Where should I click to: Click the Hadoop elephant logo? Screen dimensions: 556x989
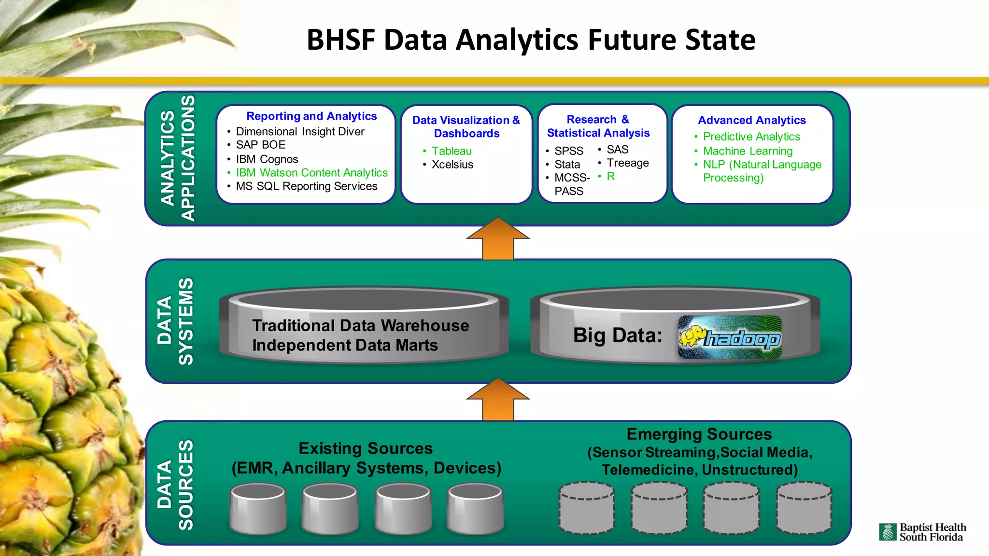[729, 337]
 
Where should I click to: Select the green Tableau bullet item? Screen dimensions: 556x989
[451, 151]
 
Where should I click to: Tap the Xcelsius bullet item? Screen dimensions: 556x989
[452, 165]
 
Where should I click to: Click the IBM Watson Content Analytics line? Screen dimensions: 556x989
[311, 173]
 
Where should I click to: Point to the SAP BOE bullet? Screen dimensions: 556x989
[260, 145]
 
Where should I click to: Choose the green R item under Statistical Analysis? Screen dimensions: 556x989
[610, 177]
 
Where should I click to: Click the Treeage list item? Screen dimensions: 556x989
[627, 163]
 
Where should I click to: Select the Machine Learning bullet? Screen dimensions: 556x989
[748, 151]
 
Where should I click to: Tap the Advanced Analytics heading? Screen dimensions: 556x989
[751, 120]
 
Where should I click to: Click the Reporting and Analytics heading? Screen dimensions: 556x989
[311, 116]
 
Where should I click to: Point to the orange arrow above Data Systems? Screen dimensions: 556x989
[498, 239]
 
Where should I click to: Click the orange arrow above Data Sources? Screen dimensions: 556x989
[498, 400]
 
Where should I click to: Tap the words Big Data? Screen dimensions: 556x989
[617, 335]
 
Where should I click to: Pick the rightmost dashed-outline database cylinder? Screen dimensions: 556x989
[804, 508]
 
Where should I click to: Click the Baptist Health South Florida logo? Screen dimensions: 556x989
[922, 532]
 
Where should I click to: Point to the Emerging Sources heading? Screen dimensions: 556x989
[699, 434]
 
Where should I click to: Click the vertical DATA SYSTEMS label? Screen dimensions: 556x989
[175, 321]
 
